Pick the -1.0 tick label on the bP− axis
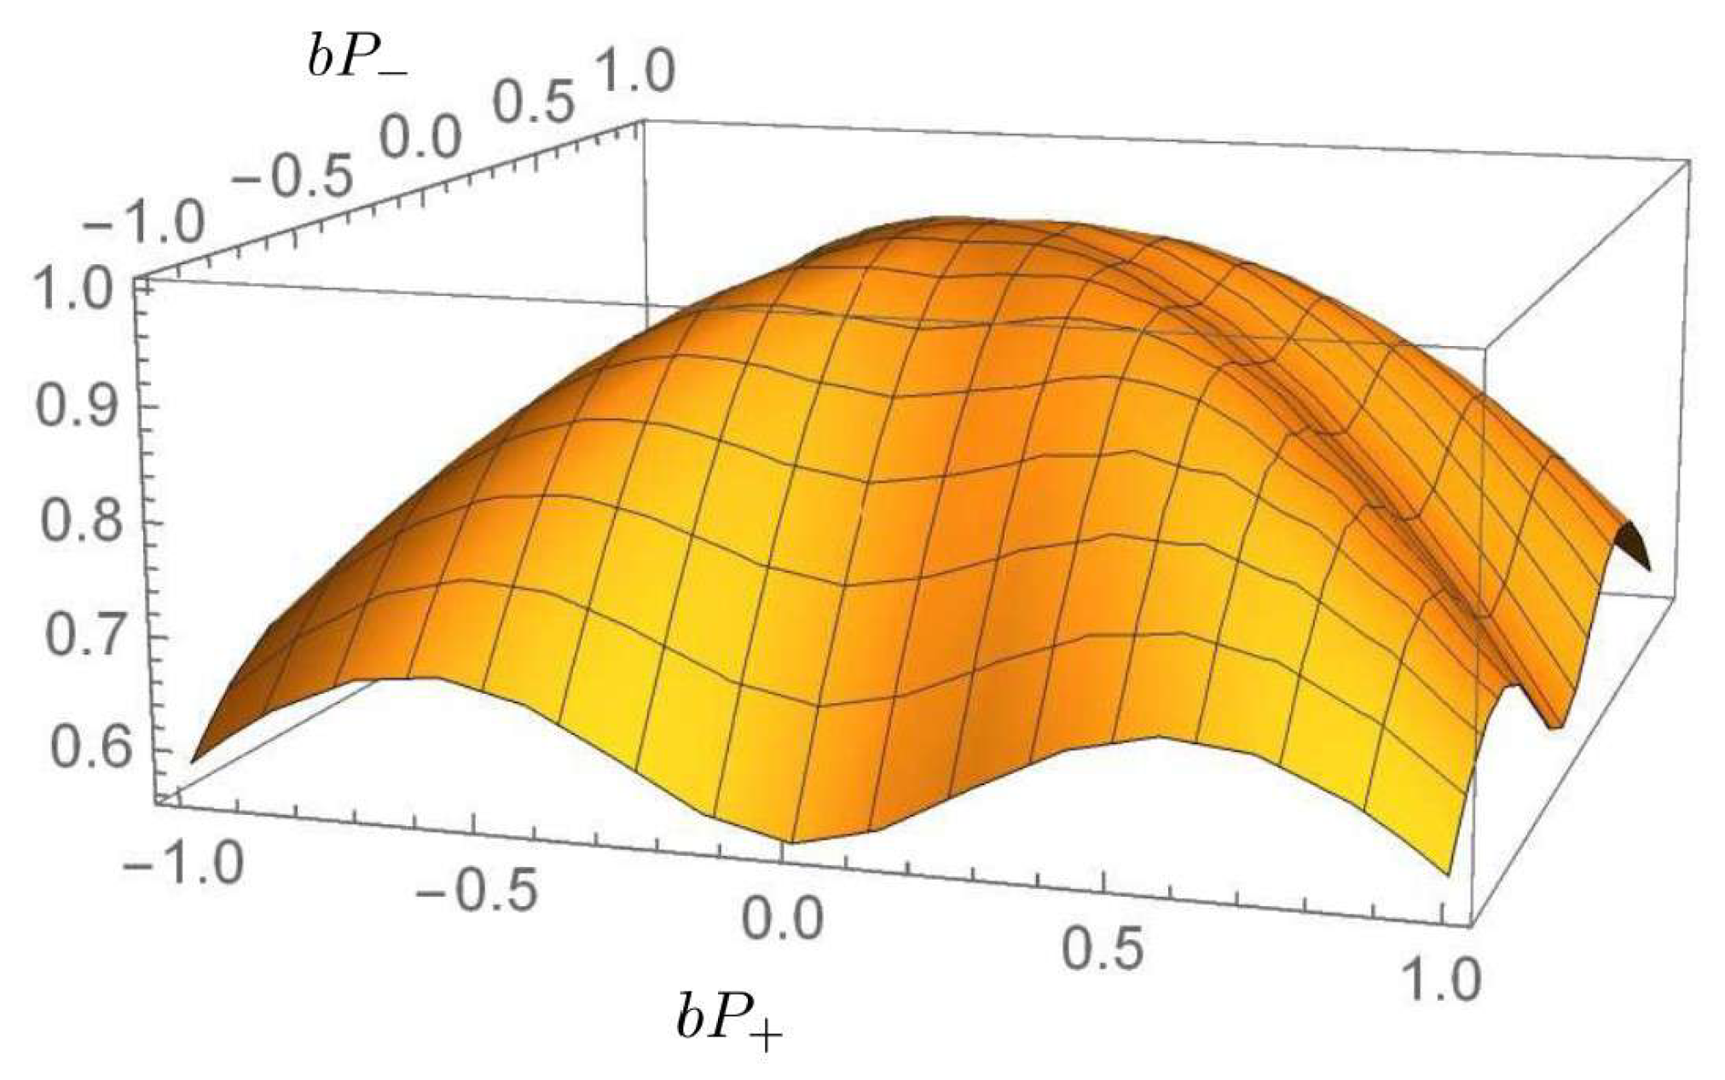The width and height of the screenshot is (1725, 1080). [x=142, y=224]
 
